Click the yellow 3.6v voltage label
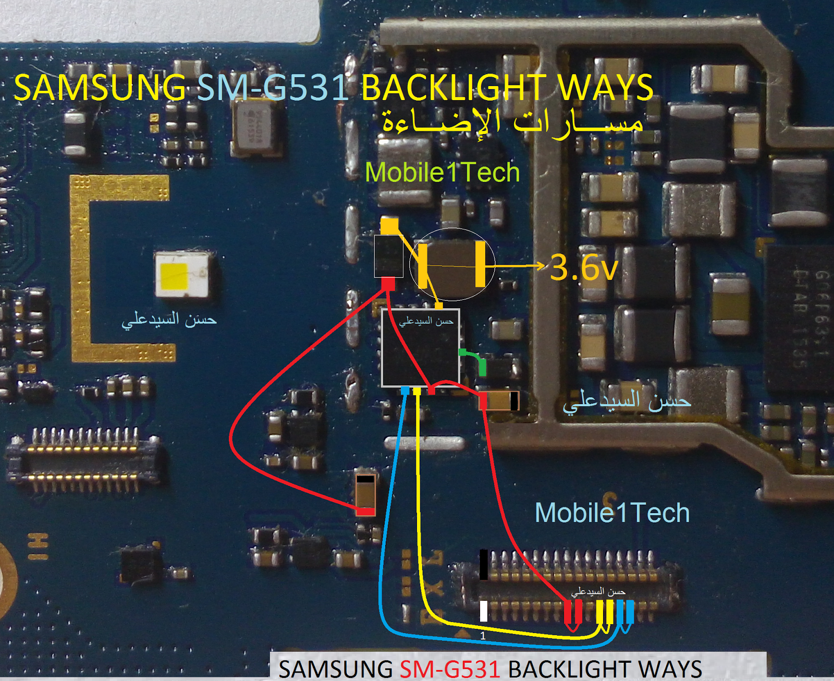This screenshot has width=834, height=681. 584,267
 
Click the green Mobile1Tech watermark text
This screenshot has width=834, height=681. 442,173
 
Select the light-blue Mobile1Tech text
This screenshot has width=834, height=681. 612,513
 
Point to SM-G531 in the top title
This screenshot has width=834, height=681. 273,87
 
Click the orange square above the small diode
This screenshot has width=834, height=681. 389,226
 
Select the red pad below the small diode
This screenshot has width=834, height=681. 388,284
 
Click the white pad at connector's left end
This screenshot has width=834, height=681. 484,611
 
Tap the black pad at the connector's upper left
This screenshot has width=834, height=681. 484,564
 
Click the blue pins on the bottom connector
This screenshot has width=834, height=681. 625,612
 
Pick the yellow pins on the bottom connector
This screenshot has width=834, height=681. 605,612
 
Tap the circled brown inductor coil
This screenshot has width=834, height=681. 451,264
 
